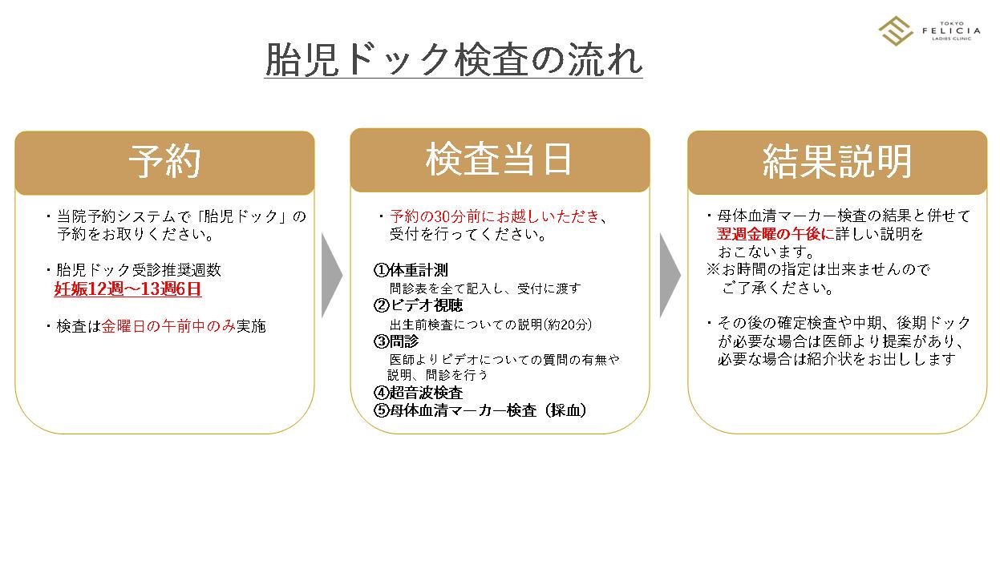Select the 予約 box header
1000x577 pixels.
164,161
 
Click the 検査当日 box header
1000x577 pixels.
499,159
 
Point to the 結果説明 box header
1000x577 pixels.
837,161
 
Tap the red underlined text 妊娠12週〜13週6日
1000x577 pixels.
128,289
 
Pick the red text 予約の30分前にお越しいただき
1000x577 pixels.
494,216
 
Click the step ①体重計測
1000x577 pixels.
411,271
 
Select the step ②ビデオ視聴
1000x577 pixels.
418,306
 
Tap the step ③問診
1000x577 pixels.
396,341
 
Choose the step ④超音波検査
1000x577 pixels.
418,393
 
